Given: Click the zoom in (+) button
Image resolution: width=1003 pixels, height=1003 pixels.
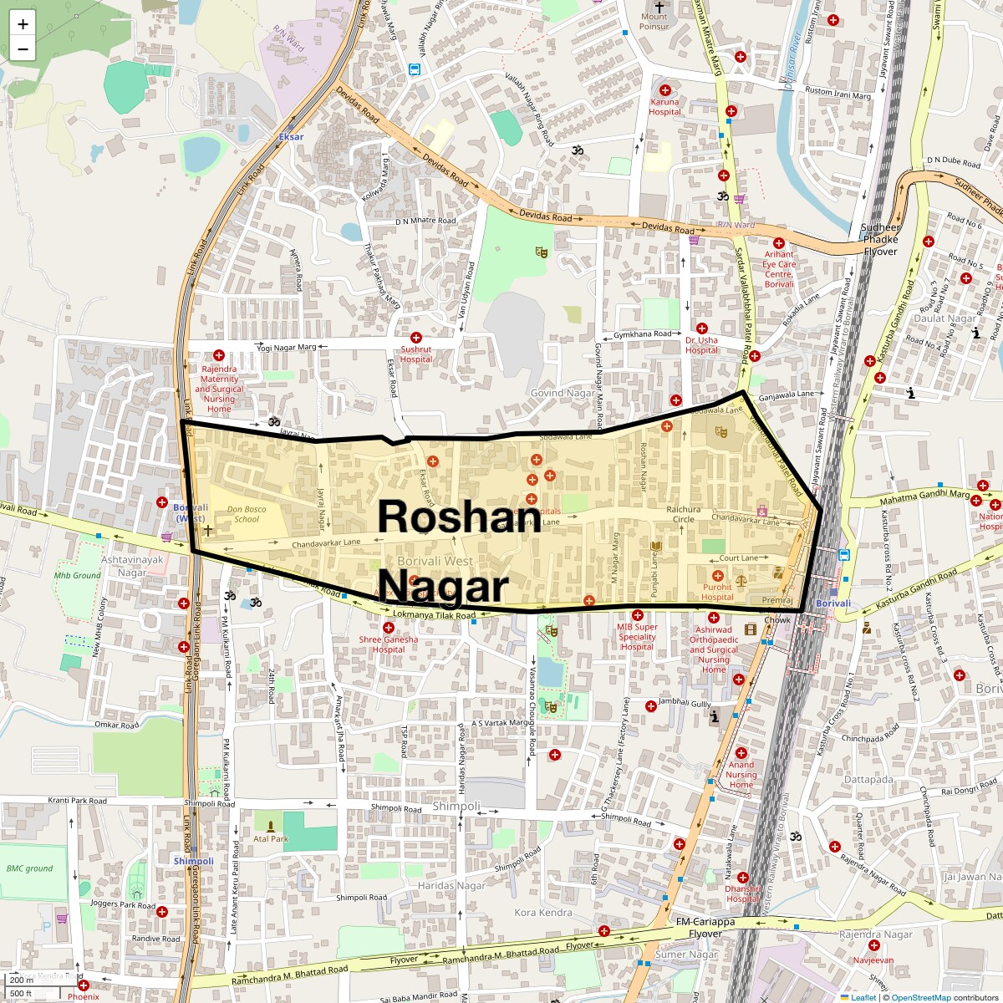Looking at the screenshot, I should click(x=23, y=23).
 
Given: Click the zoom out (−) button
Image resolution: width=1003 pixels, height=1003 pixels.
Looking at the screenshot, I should click(x=23, y=49).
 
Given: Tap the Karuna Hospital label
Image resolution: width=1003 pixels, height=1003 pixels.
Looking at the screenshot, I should click(x=664, y=107).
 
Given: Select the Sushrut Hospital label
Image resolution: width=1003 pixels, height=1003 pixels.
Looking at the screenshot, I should click(x=415, y=354).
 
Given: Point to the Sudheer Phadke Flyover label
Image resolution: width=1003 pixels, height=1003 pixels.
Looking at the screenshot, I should click(x=880, y=240).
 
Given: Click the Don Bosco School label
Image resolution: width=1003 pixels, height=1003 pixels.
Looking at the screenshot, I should click(x=247, y=514).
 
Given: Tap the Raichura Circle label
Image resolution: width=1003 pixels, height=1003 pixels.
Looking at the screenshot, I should click(x=684, y=514).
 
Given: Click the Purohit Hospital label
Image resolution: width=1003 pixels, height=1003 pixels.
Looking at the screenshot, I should click(x=717, y=592).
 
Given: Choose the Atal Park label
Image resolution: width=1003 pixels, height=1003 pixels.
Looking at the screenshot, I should click(x=271, y=838).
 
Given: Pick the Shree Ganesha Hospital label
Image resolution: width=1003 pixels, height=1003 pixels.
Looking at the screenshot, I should click(x=389, y=644).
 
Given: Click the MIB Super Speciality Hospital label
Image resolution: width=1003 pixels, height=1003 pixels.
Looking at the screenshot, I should click(x=638, y=637).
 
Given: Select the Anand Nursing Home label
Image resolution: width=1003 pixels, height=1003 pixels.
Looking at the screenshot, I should click(x=741, y=775).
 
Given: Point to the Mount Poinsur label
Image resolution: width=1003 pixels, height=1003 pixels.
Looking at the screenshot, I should click(x=654, y=21).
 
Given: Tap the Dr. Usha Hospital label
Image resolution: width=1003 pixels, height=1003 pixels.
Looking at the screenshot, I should click(x=701, y=345).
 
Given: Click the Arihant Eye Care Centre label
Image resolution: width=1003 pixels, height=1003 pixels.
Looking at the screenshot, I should click(x=779, y=269).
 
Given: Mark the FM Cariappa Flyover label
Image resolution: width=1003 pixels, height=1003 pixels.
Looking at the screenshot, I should click(x=705, y=928).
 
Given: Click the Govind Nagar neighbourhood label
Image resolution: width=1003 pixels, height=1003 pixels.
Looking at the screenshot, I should click(x=563, y=393).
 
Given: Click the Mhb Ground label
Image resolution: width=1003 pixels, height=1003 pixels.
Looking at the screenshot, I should click(x=77, y=575).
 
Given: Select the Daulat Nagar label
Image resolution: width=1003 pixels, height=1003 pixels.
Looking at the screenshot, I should click(x=944, y=318).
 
